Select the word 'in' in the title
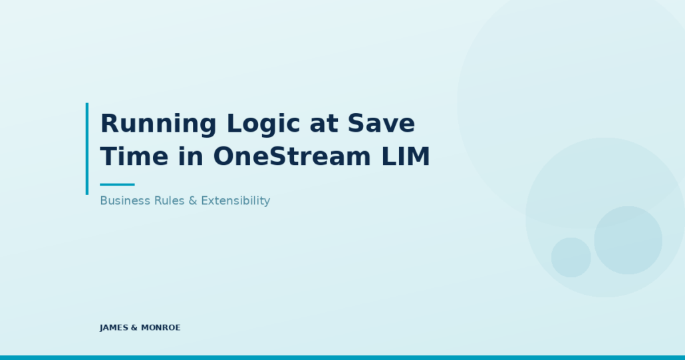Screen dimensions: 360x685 pos(191,156)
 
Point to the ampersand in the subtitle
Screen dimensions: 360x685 pos(193,200)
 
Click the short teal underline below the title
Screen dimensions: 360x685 pos(117,184)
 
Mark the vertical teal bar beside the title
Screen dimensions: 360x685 pos(87,148)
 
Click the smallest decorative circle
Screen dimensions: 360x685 pos(571,258)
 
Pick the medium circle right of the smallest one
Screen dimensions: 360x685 pos(628,240)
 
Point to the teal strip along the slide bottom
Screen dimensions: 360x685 pos(342,357)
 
